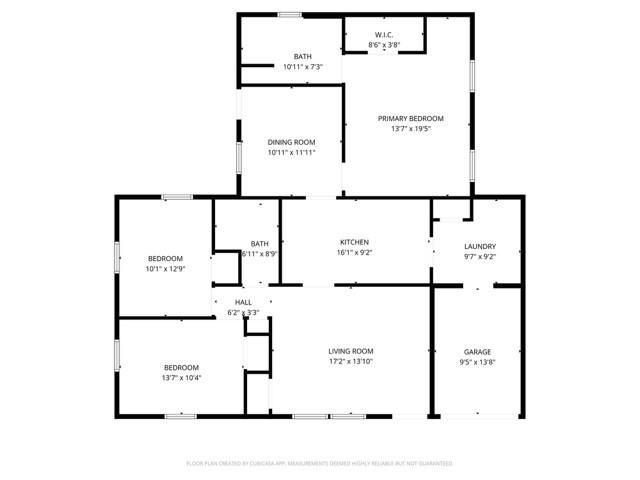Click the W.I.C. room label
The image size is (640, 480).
[x=384, y=35]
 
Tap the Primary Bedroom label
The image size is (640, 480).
[x=410, y=118]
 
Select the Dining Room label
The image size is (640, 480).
[x=292, y=142]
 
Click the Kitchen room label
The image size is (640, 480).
[x=355, y=242]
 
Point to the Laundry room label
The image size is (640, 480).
[x=480, y=247]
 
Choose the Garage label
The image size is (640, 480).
[x=477, y=351]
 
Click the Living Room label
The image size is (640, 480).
[x=351, y=351]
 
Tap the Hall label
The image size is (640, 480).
[x=243, y=302]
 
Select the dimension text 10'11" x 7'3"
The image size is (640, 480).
[x=302, y=66]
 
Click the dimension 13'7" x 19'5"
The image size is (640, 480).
[x=410, y=129]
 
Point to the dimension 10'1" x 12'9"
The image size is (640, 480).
[x=166, y=268]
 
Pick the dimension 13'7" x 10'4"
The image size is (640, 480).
[x=181, y=378]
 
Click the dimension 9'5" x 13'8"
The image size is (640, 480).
[x=477, y=362]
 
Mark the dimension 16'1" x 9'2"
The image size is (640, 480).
[x=355, y=253]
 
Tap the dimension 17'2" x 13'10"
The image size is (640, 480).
[x=351, y=362]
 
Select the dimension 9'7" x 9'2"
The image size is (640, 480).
[x=480, y=258]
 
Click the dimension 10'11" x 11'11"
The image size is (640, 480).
[x=292, y=153]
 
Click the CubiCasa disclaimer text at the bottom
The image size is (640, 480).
[x=320, y=464]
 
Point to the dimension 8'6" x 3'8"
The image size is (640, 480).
[x=384, y=46]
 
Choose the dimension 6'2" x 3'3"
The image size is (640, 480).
[x=243, y=313]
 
